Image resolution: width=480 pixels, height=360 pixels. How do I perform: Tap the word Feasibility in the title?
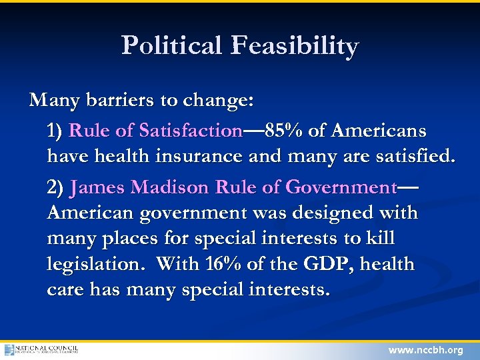pos(295,47)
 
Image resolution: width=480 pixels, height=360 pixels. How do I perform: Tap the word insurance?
pos(201,157)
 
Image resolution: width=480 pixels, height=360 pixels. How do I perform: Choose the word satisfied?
pos(412,157)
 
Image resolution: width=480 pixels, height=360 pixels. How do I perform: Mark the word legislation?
pos(96,265)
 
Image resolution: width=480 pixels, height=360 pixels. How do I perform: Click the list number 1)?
pos(56,131)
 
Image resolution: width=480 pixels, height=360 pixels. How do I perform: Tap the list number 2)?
pos(56,188)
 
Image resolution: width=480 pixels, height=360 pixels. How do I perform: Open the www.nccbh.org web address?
pos(425,350)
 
